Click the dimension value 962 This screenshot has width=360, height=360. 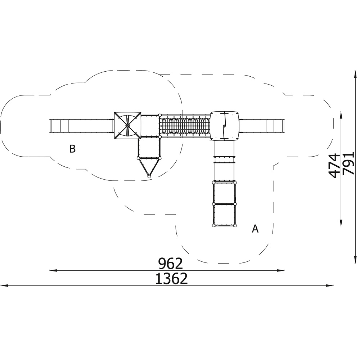171,264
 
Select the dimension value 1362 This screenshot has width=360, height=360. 171,279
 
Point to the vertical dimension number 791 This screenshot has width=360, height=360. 348,163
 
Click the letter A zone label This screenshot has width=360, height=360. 255,229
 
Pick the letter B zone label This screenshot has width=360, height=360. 72,149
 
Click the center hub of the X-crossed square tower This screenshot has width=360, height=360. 127,125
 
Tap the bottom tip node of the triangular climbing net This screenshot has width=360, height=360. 149,176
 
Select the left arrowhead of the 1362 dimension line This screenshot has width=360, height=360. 4,285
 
